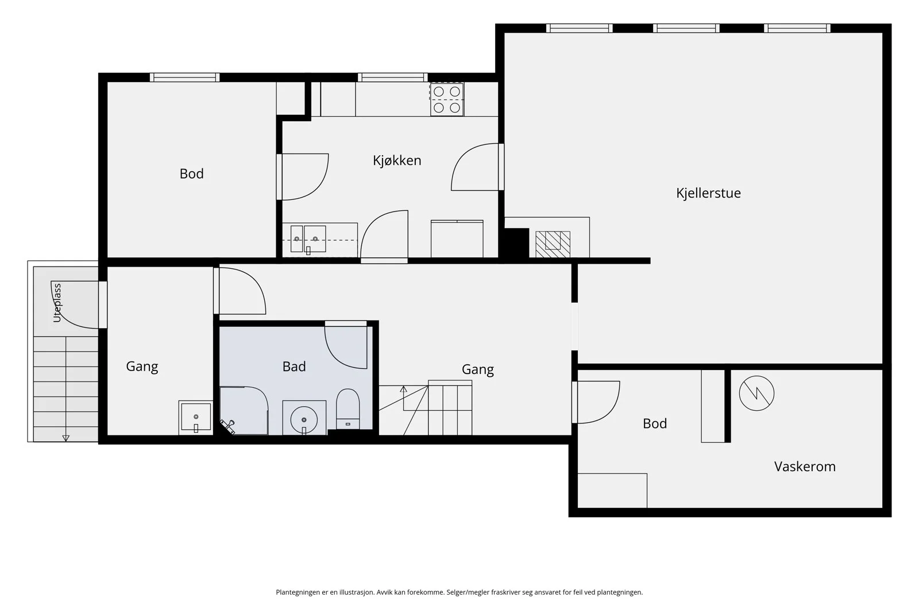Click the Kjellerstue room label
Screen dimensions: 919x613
[x=708, y=193]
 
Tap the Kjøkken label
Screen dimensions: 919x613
[x=397, y=160]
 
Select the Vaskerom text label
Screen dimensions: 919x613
[x=805, y=467]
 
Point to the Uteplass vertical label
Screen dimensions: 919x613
[x=57, y=303]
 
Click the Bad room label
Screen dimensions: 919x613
[x=294, y=367]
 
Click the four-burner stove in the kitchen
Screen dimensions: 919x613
[x=447, y=99]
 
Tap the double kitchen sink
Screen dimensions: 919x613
[x=308, y=239]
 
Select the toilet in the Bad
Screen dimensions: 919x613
[x=347, y=408]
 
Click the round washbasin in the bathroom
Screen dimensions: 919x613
[x=304, y=419]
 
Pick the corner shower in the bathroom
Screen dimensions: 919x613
[x=244, y=410]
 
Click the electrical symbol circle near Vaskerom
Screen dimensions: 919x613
[x=756, y=393]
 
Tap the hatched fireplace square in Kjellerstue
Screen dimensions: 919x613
[x=553, y=245]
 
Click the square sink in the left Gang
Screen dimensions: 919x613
[x=196, y=417]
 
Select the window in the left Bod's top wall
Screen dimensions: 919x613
[x=184, y=77]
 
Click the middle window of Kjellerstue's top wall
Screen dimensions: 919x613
[x=686, y=28]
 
